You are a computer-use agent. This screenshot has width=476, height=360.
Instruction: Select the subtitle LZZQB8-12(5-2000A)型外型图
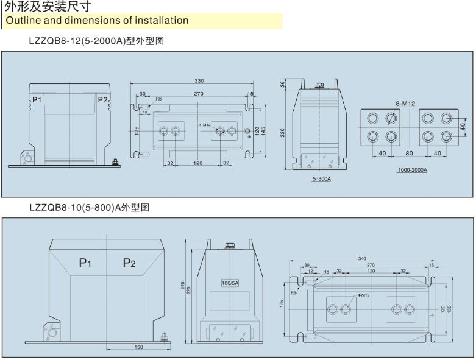(96, 41)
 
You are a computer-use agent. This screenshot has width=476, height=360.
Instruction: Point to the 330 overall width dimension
(199, 81)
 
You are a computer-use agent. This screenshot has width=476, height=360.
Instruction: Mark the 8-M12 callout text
(405, 104)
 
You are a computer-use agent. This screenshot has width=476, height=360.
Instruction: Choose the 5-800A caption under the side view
(321, 180)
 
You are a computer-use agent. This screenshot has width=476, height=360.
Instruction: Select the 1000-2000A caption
(413, 170)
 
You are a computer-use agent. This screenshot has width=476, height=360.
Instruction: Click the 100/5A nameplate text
(230, 284)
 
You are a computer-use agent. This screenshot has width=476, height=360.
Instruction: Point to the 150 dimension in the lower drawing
(138, 347)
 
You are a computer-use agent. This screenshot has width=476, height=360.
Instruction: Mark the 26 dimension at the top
(283, 85)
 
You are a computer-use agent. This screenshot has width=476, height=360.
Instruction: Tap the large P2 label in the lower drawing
(129, 263)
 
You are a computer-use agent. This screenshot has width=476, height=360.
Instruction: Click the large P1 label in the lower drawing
(85, 263)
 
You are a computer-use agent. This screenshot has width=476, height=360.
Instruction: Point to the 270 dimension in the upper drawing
(199, 94)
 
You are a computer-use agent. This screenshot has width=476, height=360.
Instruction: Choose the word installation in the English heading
(160, 21)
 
